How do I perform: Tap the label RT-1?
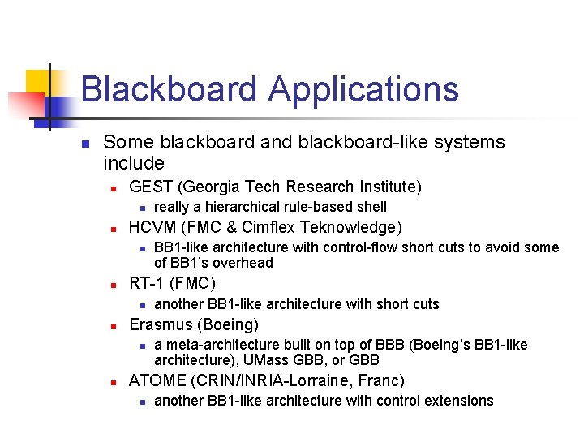click(148, 284)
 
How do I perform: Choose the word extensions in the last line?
click(462, 401)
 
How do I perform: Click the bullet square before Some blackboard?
click(84, 144)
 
